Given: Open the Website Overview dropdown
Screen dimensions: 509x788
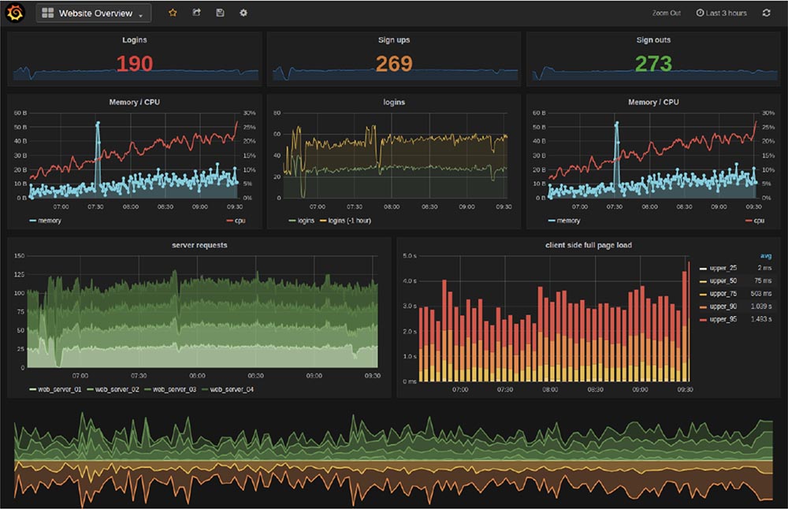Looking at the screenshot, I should [93, 13].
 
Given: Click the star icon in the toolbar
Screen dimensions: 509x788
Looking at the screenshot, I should [173, 13].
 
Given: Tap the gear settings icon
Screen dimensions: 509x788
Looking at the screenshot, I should [243, 13].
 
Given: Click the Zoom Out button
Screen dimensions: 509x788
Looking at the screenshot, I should [666, 13].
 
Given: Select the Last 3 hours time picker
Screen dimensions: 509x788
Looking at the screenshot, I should [721, 13].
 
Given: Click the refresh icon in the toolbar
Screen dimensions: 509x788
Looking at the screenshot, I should [767, 13].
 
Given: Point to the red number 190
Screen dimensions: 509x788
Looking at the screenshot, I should [134, 64].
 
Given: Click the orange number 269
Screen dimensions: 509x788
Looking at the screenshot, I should [394, 64].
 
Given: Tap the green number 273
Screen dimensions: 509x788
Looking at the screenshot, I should [653, 64].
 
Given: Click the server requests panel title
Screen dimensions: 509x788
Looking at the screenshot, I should [199, 245].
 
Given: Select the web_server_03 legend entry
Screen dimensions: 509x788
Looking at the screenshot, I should [172, 389].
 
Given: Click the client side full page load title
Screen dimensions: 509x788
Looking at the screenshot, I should [588, 245].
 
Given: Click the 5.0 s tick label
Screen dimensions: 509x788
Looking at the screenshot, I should [409, 256].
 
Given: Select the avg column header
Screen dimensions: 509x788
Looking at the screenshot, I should [765, 256].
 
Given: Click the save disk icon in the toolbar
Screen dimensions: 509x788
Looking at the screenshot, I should [220, 13].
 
